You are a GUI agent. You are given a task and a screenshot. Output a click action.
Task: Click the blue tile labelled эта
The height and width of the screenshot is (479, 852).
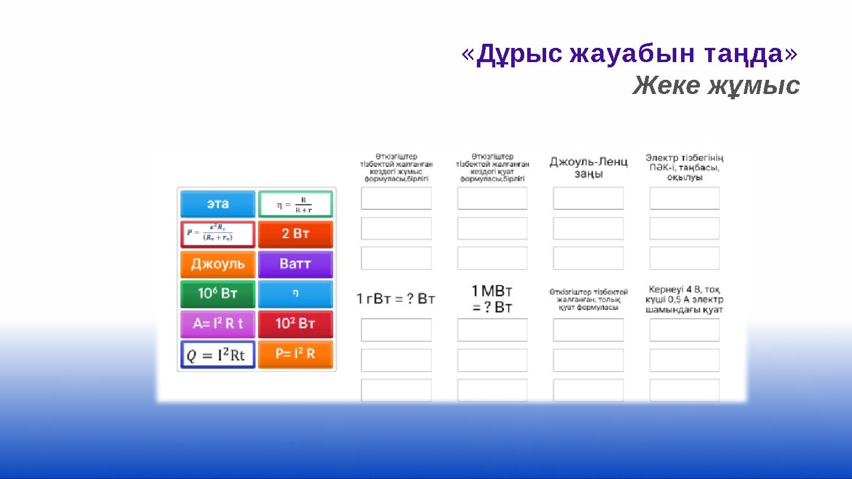tap(218, 204)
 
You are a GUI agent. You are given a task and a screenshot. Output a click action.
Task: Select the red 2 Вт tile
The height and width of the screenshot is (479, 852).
tap(295, 234)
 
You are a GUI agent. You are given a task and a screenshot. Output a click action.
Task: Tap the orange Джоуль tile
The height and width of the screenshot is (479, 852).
tap(218, 264)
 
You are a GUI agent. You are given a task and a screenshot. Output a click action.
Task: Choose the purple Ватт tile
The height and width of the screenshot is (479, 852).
tap(295, 264)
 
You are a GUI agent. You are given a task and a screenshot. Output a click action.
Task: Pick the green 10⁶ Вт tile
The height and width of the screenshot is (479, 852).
tap(218, 294)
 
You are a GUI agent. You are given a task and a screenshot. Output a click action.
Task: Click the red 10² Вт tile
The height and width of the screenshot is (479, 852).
tap(295, 324)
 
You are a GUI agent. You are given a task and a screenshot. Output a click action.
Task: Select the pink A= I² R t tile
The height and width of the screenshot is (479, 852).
tap(218, 324)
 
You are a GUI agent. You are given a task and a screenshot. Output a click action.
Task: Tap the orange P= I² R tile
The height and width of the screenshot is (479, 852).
tap(295, 354)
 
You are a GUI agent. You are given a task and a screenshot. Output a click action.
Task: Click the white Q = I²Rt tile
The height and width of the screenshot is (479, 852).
tap(218, 355)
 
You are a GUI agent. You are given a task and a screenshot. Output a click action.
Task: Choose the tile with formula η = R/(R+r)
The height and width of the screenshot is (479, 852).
tap(295, 204)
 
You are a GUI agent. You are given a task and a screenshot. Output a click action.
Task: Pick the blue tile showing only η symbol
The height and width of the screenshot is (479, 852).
tap(295, 294)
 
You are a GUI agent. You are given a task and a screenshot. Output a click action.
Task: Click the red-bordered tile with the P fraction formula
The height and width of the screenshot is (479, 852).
tap(218, 234)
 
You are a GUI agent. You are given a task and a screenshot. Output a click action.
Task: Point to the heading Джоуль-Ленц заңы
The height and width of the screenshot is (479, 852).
tap(588, 167)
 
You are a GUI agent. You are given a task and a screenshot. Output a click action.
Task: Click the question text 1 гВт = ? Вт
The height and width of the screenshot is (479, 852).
tap(396, 299)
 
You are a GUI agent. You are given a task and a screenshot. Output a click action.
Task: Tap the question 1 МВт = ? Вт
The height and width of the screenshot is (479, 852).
tap(492, 299)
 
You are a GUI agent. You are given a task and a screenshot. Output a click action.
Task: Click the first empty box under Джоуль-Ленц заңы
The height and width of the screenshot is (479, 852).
tap(588, 199)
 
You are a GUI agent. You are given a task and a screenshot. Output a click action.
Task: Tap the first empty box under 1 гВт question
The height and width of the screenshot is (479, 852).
tap(396, 330)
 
